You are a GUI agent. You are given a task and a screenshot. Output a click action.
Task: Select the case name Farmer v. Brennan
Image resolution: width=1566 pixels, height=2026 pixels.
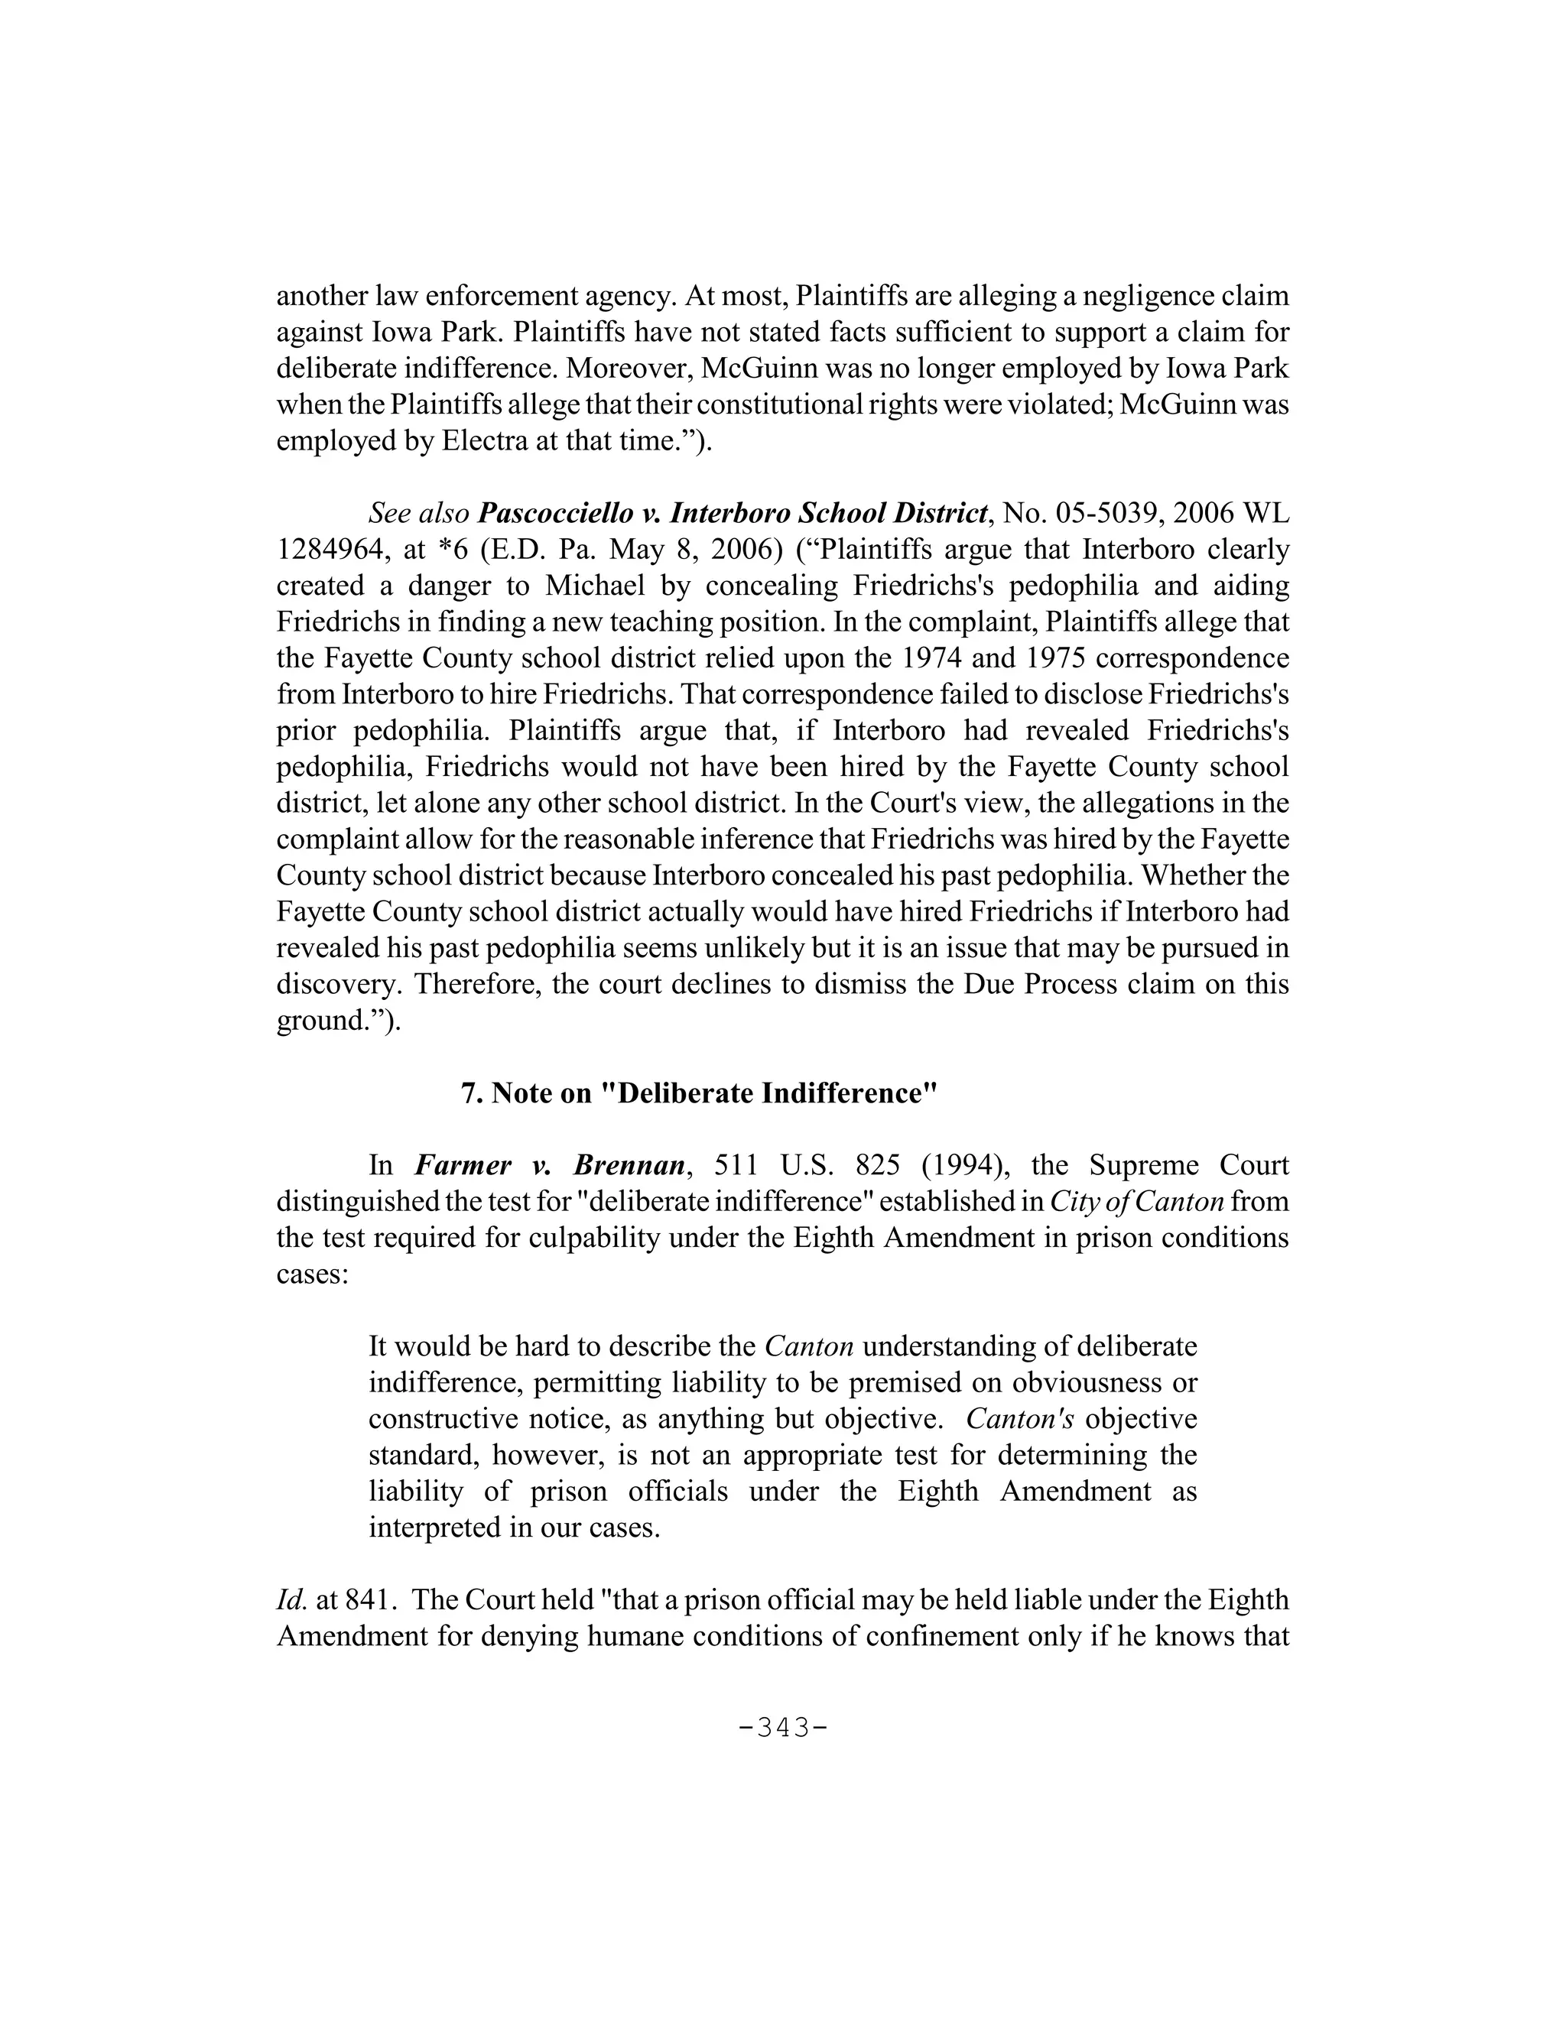[x=549, y=1165]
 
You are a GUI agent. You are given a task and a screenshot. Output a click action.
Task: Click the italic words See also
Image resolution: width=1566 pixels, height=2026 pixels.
[x=419, y=513]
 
